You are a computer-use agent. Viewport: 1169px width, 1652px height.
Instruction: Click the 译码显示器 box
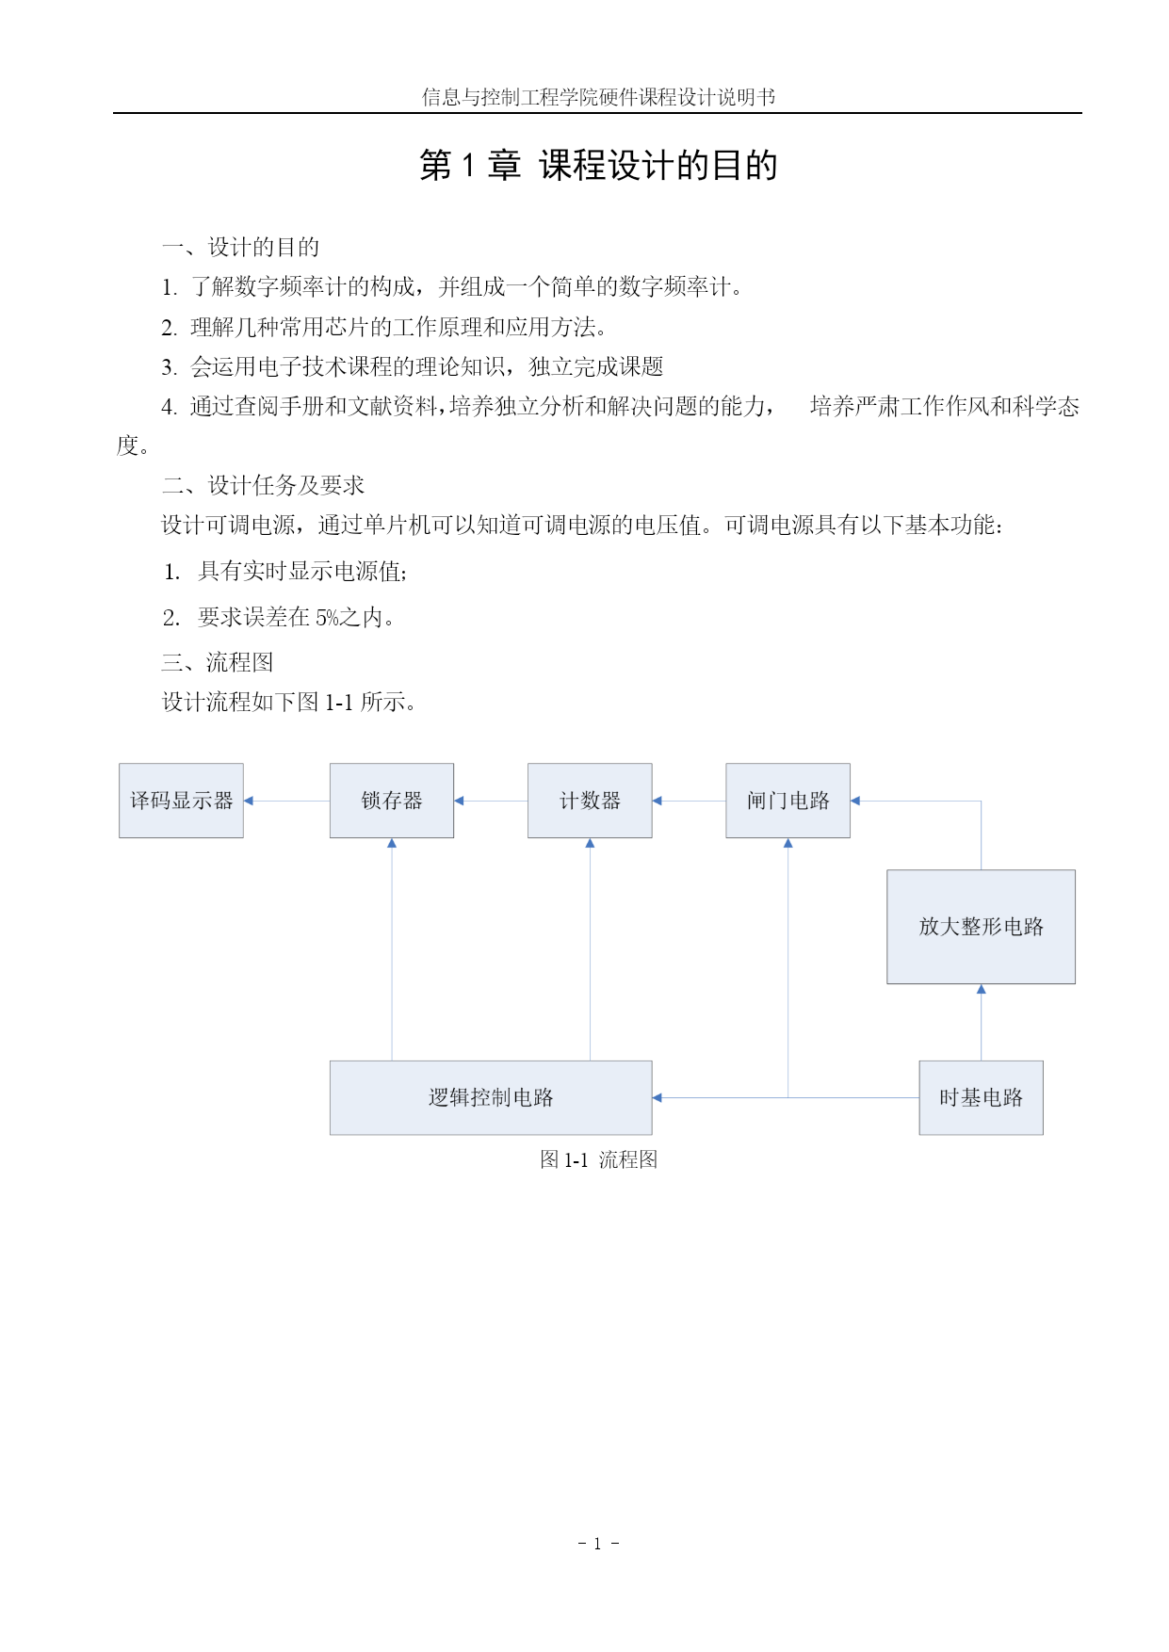tap(181, 801)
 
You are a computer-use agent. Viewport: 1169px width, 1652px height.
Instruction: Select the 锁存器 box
tap(392, 801)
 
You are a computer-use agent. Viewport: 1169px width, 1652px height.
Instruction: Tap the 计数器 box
tap(590, 801)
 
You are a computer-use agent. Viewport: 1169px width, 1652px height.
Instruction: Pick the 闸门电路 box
tap(787, 801)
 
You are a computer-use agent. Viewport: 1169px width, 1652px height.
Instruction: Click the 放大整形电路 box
tap(981, 927)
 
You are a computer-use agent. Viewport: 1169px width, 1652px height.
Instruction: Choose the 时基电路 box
tap(981, 1097)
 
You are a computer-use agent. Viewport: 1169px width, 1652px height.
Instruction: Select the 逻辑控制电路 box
tap(491, 1097)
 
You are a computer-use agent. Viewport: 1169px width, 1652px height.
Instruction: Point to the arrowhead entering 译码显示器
tap(249, 801)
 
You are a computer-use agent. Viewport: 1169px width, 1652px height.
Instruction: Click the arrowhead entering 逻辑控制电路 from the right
tap(658, 1097)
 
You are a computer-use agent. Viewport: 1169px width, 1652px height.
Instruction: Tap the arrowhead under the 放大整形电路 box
tap(981, 989)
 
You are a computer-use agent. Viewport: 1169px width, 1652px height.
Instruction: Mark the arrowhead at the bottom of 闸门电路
tap(787, 843)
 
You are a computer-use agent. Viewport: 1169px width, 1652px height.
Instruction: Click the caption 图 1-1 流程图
tap(598, 1159)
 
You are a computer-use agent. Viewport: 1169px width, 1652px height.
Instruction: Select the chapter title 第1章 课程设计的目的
tap(598, 165)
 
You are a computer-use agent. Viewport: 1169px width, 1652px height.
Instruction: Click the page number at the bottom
tap(598, 1543)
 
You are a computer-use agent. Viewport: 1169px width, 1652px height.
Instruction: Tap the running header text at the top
tap(598, 97)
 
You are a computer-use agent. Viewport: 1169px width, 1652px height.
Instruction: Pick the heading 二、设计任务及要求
tap(263, 485)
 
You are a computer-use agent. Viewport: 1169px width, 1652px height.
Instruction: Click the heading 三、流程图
tap(218, 662)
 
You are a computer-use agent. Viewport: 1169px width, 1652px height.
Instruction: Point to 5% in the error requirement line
tap(327, 618)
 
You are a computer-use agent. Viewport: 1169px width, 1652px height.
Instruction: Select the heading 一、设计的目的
tap(240, 247)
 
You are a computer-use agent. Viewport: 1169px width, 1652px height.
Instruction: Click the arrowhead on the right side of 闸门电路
tap(855, 801)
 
